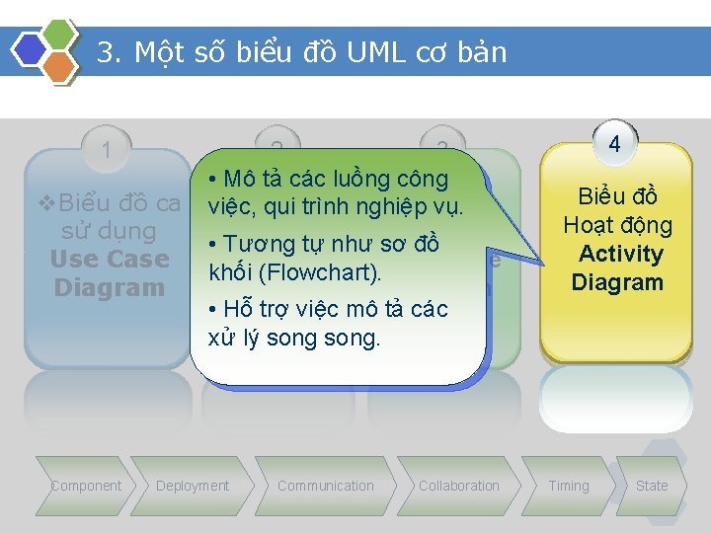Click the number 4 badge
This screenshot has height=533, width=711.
point(614,144)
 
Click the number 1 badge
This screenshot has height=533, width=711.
point(106,151)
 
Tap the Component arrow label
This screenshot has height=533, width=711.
point(86,486)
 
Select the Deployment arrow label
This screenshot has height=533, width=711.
point(192,486)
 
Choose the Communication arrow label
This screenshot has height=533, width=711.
point(326,486)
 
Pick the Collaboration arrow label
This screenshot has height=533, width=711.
point(459,486)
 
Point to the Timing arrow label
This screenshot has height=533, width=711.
point(569,486)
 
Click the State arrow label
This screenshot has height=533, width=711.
point(652,486)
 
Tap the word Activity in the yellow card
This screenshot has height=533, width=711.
point(620,254)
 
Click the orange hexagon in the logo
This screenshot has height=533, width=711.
point(61,67)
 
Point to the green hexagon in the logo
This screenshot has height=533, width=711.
point(61,33)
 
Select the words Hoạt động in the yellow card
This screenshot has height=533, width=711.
point(618,225)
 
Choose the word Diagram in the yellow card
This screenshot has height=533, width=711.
point(617,282)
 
